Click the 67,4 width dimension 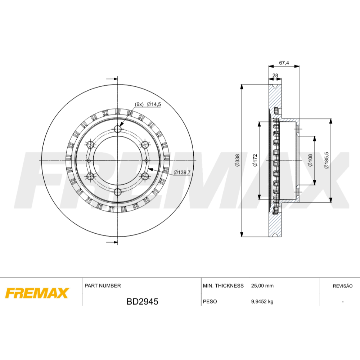point(284,63)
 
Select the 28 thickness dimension point(275,75)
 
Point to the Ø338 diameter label point(237,160)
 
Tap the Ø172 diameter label point(255,160)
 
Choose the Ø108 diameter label point(310,160)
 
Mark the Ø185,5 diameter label point(327,160)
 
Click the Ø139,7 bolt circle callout point(182,172)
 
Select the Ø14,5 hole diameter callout point(154,104)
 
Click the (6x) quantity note point(139,104)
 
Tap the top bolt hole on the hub point(118,129)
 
